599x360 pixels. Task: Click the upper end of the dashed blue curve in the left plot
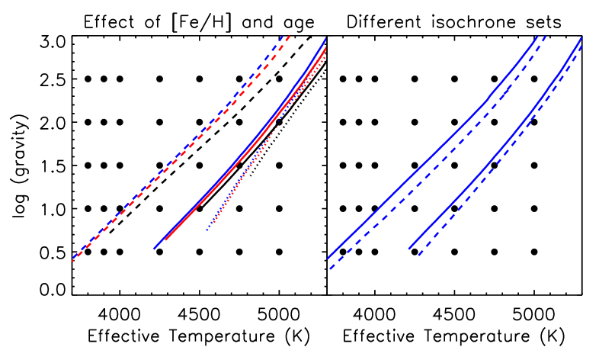point(283,36)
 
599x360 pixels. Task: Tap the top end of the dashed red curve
point(290,36)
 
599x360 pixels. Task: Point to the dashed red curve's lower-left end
point(72,261)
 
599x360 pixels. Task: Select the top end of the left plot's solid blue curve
point(326,37)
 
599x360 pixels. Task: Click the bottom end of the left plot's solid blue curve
point(154,249)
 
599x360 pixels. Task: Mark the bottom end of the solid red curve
point(165,240)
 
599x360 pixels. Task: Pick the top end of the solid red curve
point(327,47)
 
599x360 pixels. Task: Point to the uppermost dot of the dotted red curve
point(327,53)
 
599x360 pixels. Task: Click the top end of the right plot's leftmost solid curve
point(538,36)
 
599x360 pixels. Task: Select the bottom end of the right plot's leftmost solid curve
point(328,258)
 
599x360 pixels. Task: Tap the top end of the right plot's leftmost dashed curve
point(546,36)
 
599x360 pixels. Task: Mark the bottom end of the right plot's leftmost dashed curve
point(330,268)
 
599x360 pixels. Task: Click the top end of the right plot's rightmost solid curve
point(582,37)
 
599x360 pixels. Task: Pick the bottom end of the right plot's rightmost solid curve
point(409,249)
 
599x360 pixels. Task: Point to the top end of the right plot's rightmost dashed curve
point(583,45)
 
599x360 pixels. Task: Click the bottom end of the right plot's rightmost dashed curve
point(418,256)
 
